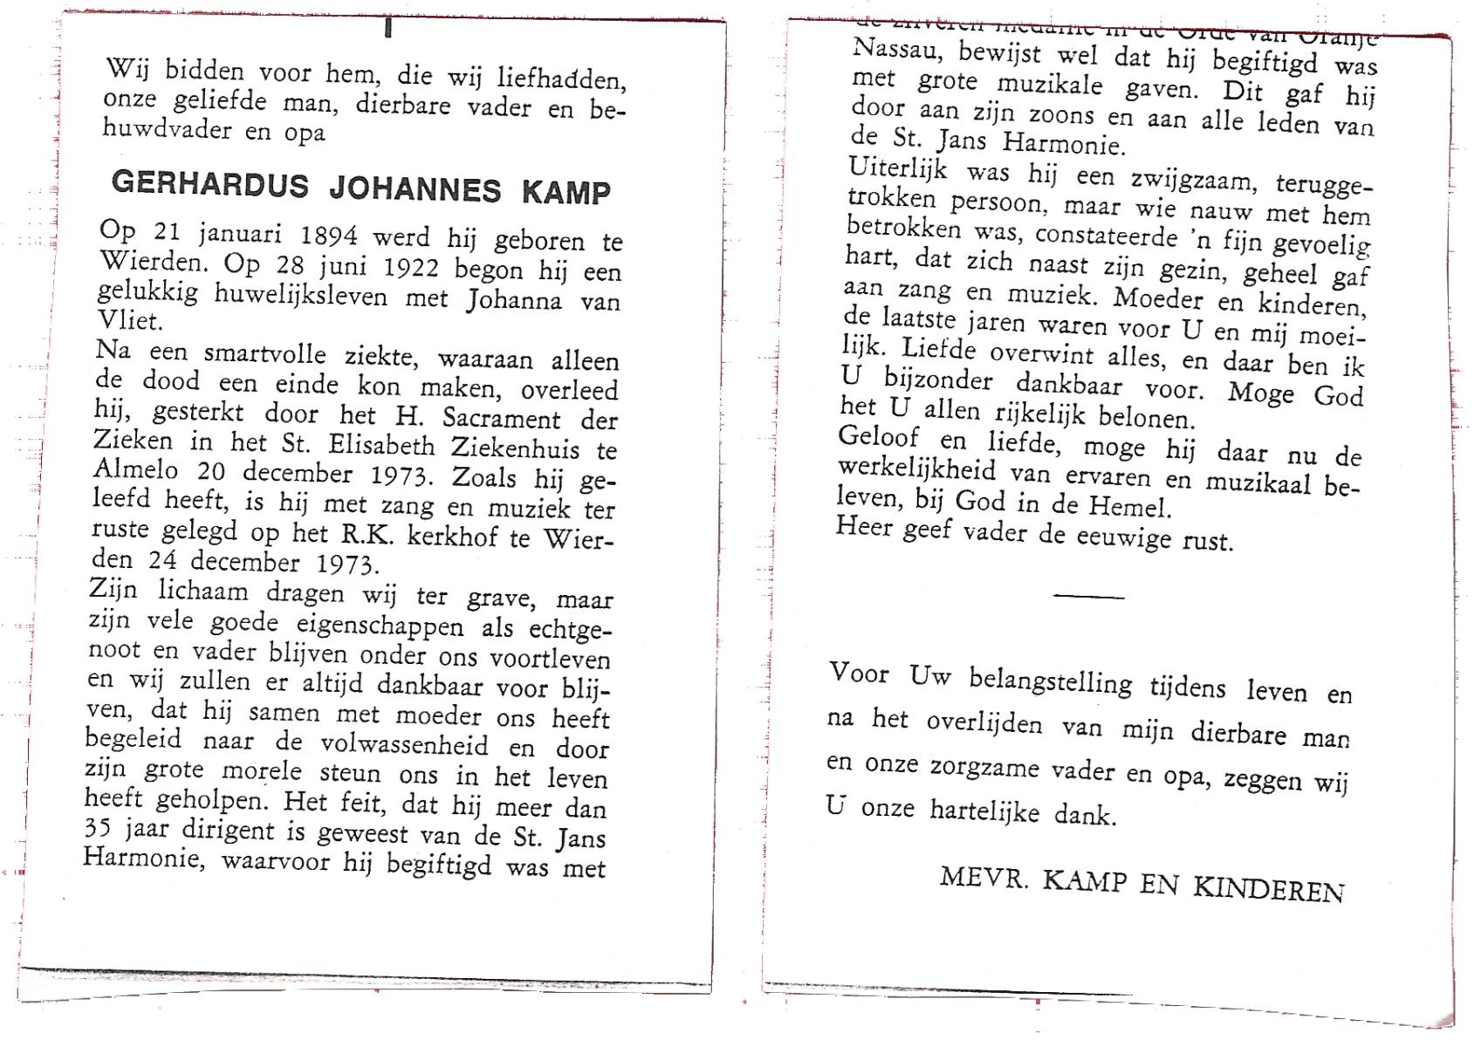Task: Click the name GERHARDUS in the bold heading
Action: pyautogui.click(x=209, y=184)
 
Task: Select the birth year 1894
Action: pyautogui.click(x=329, y=236)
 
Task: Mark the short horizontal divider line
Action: pyautogui.click(x=1088, y=597)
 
